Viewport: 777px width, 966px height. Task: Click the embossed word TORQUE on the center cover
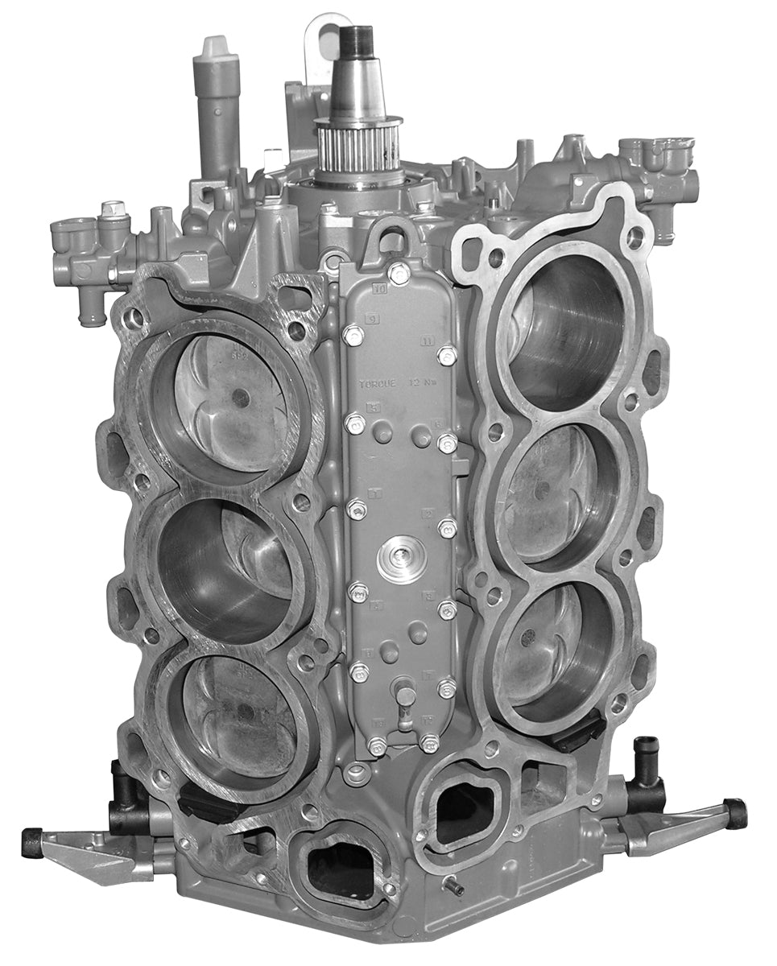pos(377,384)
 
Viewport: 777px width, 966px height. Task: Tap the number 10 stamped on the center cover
pos(381,287)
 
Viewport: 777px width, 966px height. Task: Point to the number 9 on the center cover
pos(372,319)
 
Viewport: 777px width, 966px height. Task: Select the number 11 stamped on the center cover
pos(428,341)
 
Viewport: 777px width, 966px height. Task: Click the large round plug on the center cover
pos(401,559)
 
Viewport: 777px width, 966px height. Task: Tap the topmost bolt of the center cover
pos(399,273)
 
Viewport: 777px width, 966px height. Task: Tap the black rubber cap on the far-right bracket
pos(735,813)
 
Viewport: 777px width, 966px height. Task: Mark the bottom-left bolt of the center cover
pos(376,745)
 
